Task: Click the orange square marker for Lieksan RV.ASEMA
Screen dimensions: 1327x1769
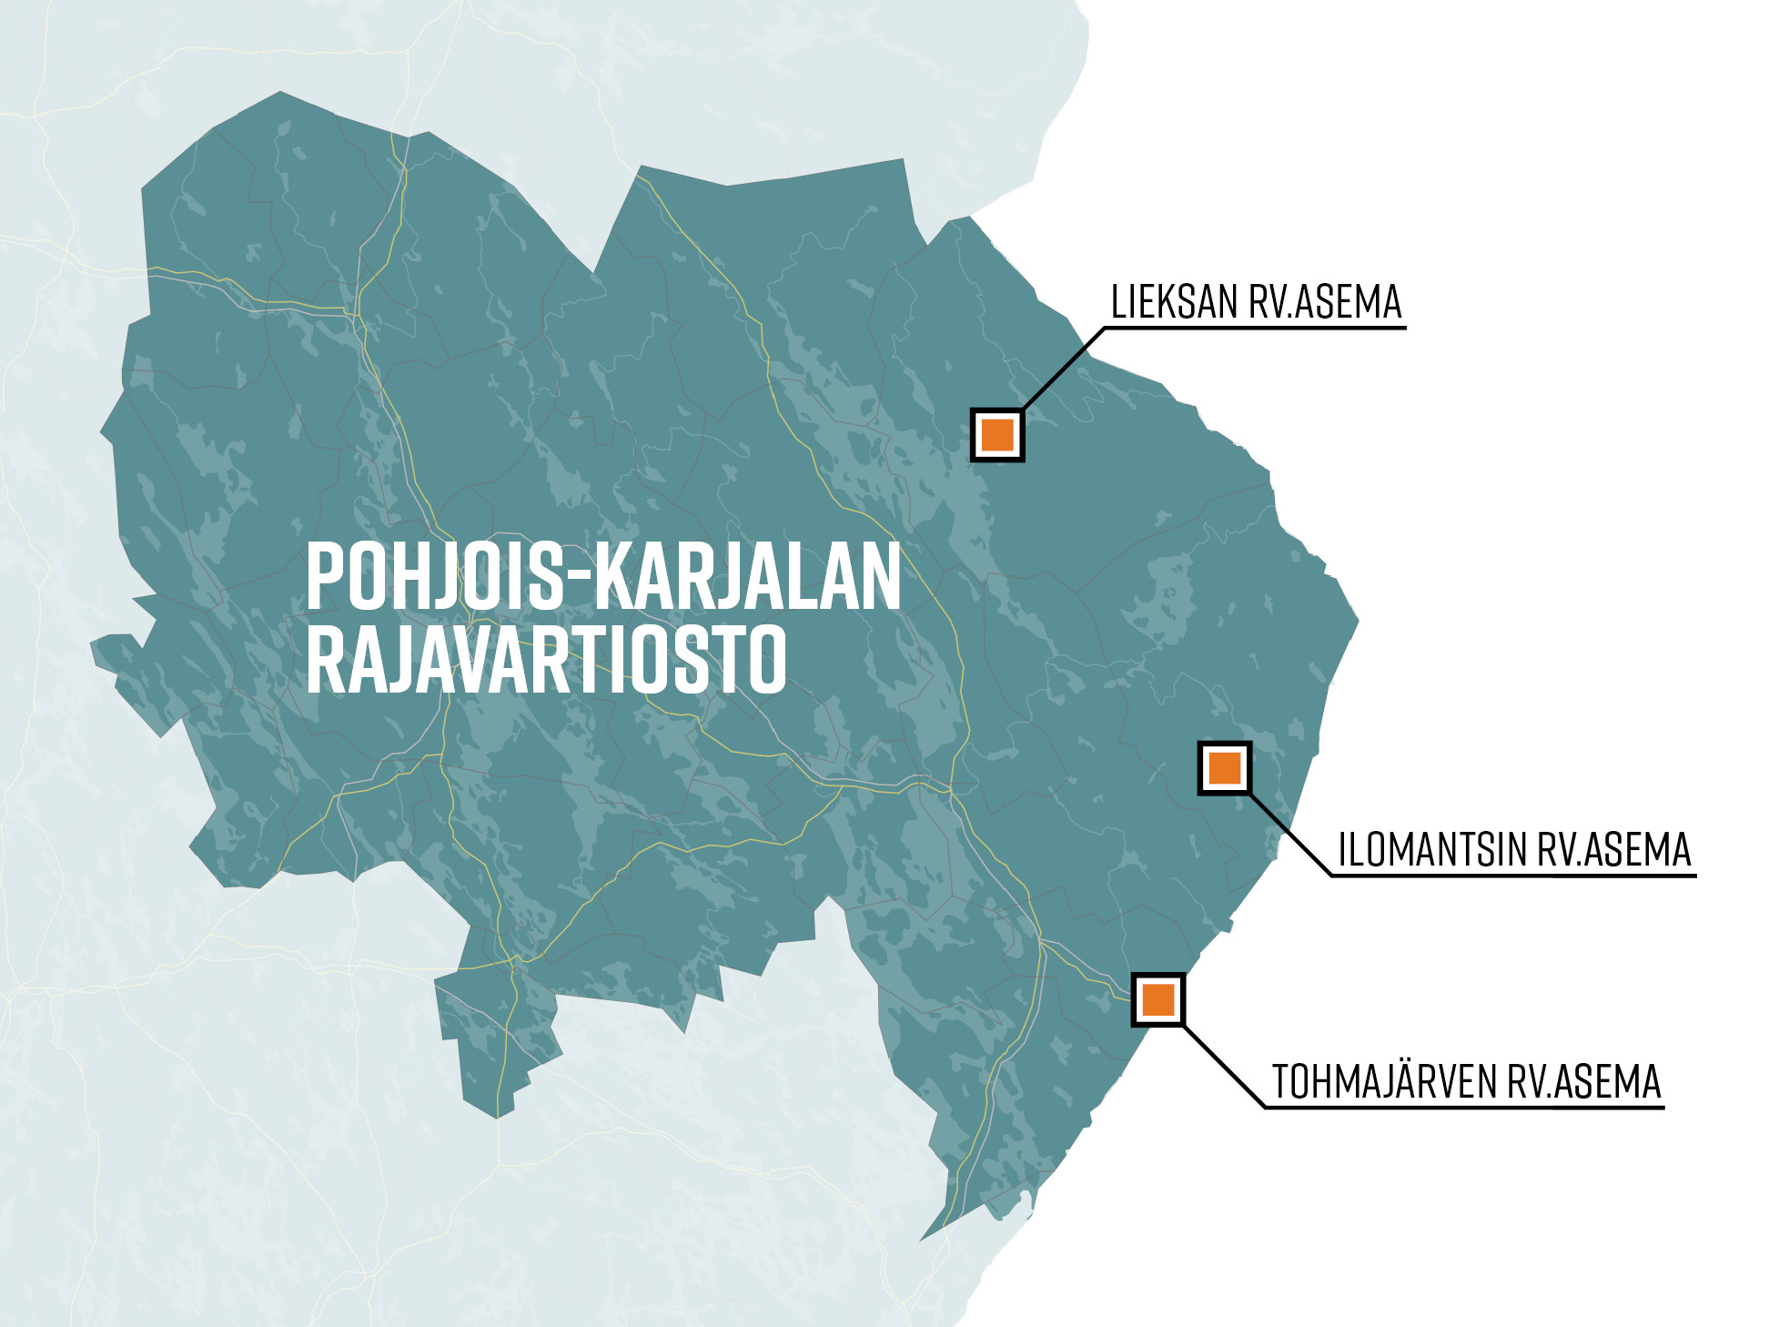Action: pyautogui.click(x=997, y=434)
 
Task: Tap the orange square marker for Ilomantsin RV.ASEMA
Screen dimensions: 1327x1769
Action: pyautogui.click(x=1225, y=768)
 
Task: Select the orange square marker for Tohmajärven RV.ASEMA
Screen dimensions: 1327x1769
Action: pyautogui.click(x=1157, y=999)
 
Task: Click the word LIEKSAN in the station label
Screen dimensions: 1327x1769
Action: pyautogui.click(x=1174, y=302)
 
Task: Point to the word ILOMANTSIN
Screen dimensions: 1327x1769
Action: pyautogui.click(x=1432, y=850)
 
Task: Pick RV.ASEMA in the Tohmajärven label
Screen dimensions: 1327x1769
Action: pyautogui.click(x=1584, y=1082)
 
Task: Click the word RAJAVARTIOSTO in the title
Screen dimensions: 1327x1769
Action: pyautogui.click(x=546, y=659)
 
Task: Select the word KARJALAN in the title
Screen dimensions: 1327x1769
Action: pyautogui.click(x=747, y=576)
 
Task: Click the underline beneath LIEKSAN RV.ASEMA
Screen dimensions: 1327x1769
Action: pyautogui.click(x=1256, y=328)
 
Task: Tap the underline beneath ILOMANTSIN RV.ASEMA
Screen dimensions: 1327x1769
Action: pyautogui.click(x=1513, y=876)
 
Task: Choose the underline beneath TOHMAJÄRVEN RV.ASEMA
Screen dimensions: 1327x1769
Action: pyautogui.click(x=1464, y=1108)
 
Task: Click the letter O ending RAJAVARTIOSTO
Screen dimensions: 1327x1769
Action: pyautogui.click(x=765, y=659)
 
